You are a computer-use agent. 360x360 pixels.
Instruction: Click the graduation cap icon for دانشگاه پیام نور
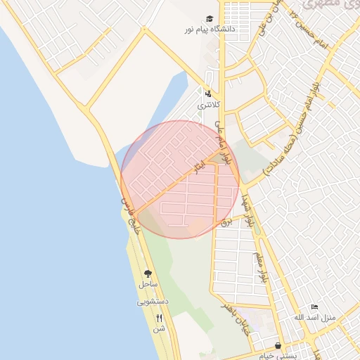point(209,19)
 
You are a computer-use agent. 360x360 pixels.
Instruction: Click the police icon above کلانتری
point(208,93)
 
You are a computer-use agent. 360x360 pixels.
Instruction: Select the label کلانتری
point(209,105)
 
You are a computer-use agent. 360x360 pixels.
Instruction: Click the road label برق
point(226,221)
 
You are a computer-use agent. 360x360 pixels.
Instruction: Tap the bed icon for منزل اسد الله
point(314,307)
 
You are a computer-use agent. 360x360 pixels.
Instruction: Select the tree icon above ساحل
point(148,274)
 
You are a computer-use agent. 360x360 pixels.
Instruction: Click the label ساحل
point(147,285)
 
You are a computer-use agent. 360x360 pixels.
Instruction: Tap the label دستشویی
point(153,302)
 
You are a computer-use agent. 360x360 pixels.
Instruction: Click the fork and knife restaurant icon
point(159,318)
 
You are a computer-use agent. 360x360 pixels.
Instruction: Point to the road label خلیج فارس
point(134,215)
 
